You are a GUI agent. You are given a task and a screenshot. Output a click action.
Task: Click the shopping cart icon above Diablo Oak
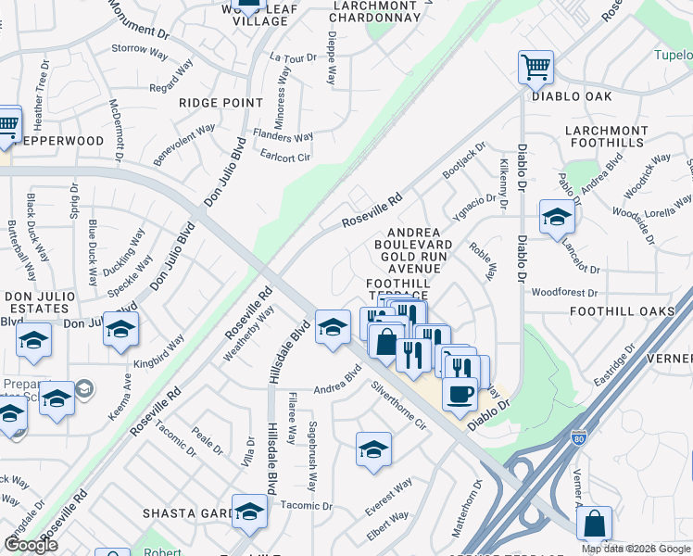535,67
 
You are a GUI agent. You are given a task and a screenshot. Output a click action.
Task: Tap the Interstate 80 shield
579,436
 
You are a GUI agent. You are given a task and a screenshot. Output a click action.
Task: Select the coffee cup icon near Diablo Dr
459,394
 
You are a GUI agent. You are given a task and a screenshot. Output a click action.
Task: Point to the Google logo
31,546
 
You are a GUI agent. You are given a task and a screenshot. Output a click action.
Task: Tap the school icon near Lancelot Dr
557,218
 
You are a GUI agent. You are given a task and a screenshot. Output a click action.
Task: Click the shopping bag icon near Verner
594,524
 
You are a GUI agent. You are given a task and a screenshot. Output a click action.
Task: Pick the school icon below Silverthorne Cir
373,449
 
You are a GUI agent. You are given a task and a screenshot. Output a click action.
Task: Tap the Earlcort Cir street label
285,157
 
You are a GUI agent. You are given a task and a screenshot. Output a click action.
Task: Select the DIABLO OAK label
572,96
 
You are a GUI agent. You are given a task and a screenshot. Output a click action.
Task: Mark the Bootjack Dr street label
463,161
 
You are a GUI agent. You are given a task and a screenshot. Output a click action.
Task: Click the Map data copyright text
636,549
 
